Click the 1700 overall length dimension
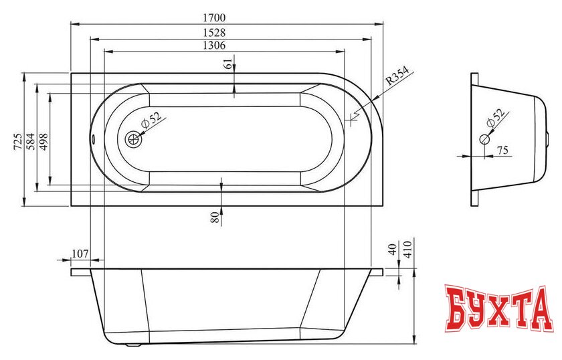(214, 17)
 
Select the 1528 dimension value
(214, 33)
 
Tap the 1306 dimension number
(214, 46)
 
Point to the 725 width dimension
(18, 141)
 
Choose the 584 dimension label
(31, 141)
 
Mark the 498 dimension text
(43, 141)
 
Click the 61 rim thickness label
(228, 64)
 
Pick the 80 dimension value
(215, 217)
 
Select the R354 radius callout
(397, 76)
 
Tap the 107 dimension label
(80, 254)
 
